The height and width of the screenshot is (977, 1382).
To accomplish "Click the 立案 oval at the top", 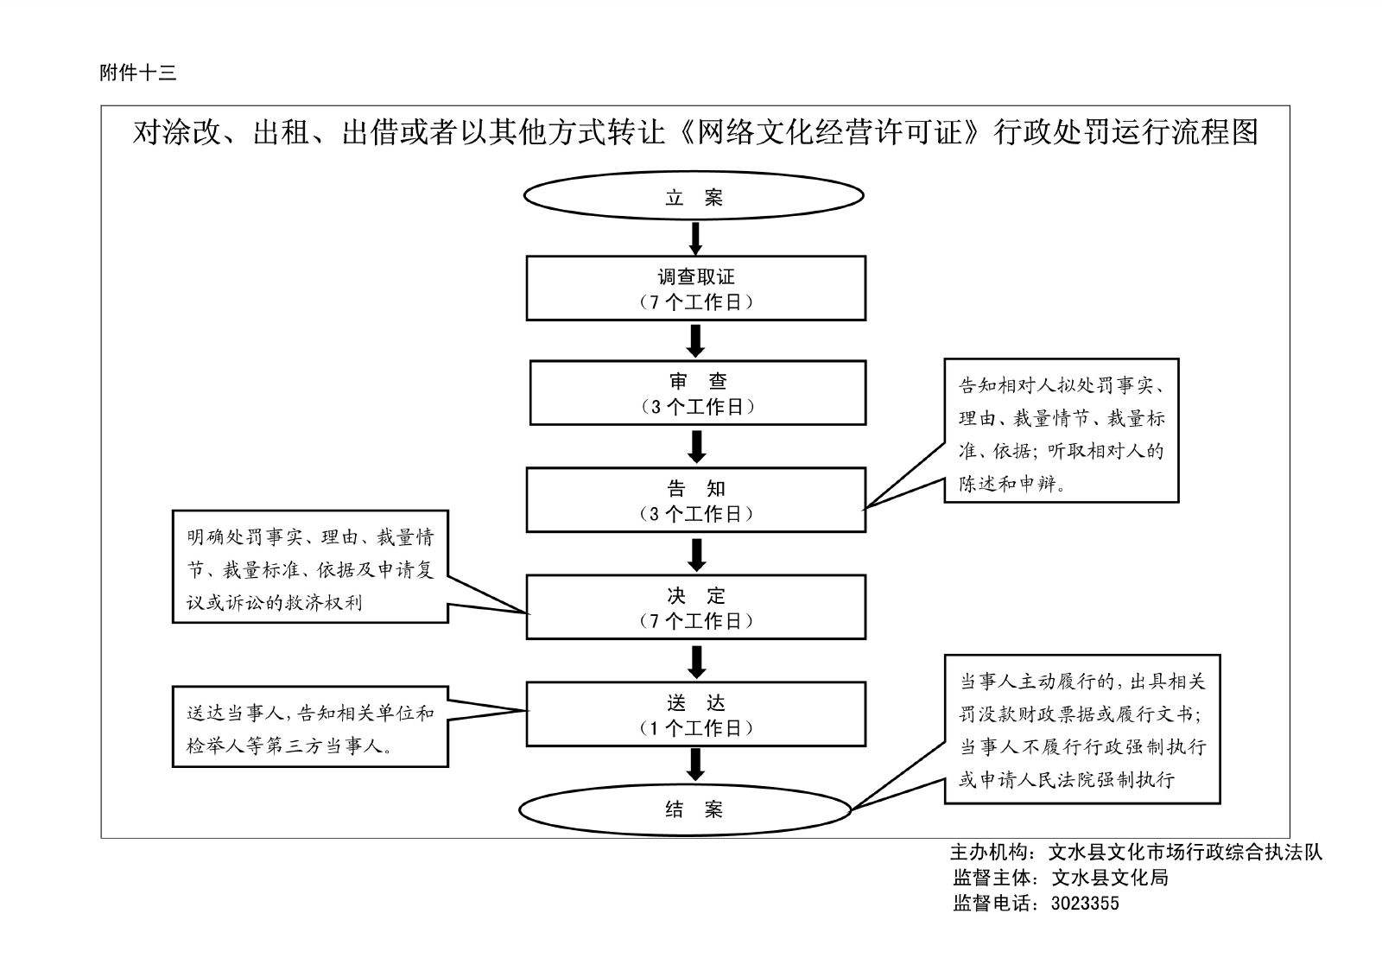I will pyautogui.click(x=694, y=198).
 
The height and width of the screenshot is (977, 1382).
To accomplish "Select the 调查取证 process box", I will pyautogui.click(x=695, y=289).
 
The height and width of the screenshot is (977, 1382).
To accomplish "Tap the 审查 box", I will pyautogui.click(x=697, y=393).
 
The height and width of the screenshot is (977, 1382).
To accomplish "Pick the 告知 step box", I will pyautogui.click(x=695, y=500).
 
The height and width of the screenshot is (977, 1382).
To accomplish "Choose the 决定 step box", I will pyautogui.click(x=695, y=607).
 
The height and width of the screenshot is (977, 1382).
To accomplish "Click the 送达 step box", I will pyautogui.click(x=695, y=714).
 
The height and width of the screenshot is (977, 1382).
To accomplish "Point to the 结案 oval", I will pyautogui.click(x=685, y=809).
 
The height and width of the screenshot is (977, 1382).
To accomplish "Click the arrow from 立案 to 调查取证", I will pyautogui.click(x=695, y=238).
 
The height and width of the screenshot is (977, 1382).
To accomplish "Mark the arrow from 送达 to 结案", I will pyautogui.click(x=695, y=764).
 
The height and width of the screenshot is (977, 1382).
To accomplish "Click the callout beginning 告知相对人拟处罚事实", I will pyautogui.click(x=1061, y=430).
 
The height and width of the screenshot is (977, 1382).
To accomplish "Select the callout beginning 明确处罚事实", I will pyautogui.click(x=310, y=567).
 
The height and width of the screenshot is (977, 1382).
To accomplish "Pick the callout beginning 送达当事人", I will pyautogui.click(x=310, y=727).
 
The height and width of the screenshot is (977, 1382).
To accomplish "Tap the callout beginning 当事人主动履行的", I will pyautogui.click(x=1081, y=729).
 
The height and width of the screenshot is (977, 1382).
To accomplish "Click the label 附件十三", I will pyautogui.click(x=138, y=73).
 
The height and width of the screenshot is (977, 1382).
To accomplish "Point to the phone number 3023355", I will pyautogui.click(x=1084, y=904).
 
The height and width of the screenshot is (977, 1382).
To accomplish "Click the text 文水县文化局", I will pyautogui.click(x=1109, y=878).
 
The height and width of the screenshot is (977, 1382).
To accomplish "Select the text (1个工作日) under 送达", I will pyautogui.click(x=695, y=728).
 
